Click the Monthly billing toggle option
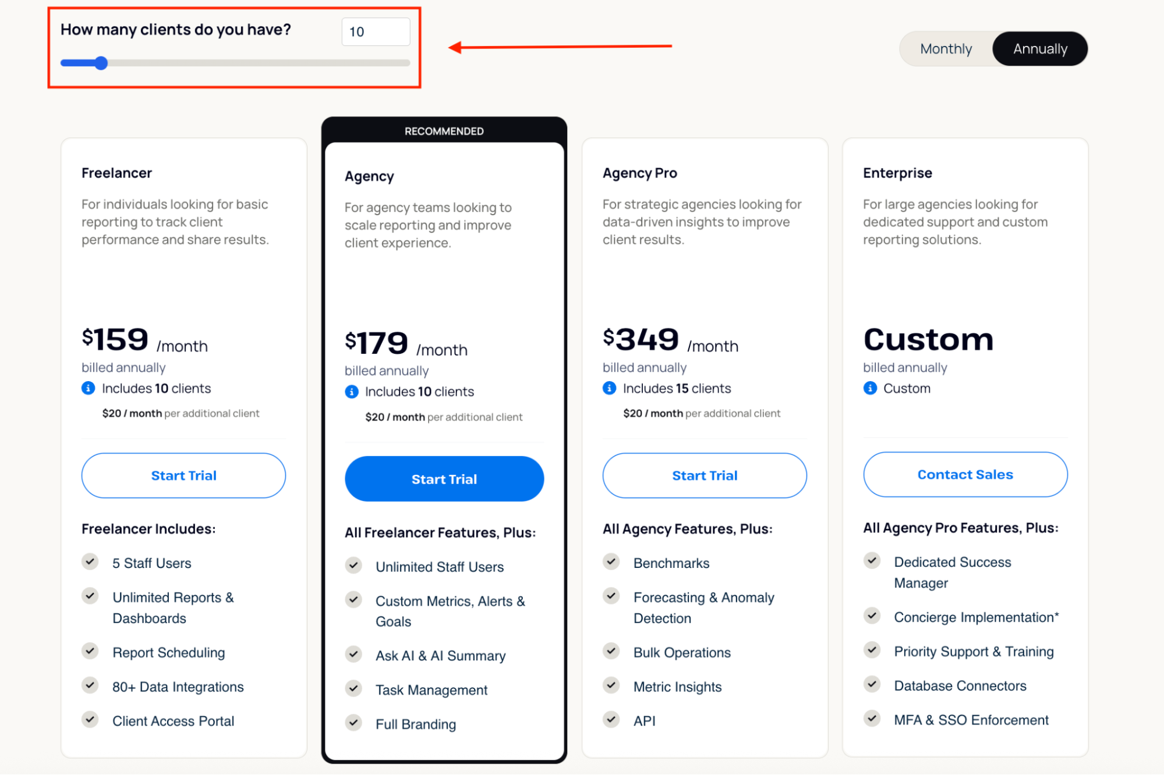(x=946, y=49)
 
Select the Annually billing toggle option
(x=1040, y=49)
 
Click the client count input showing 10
(x=376, y=32)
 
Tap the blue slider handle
(x=101, y=63)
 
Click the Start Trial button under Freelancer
(x=183, y=475)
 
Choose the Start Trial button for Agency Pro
(x=705, y=475)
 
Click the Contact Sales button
(x=965, y=474)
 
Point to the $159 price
(x=115, y=339)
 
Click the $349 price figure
(x=641, y=339)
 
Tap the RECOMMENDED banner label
(x=444, y=131)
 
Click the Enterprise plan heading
(x=897, y=173)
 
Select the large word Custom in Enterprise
(x=928, y=339)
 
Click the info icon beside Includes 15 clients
(x=609, y=388)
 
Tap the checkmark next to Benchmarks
(x=611, y=561)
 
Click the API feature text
(x=644, y=721)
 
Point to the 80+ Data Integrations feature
(x=178, y=687)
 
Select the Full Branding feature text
(x=415, y=724)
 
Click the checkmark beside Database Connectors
(x=872, y=684)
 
